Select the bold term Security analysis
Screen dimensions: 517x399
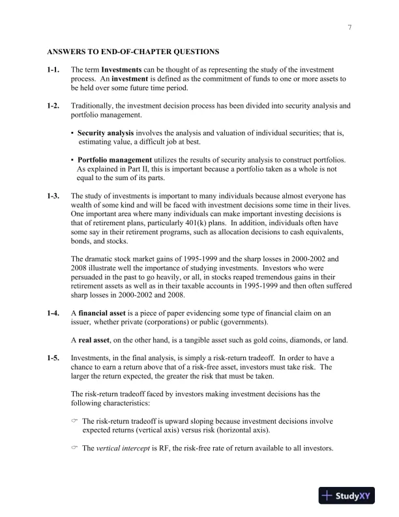106,133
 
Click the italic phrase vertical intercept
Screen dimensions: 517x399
123,449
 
